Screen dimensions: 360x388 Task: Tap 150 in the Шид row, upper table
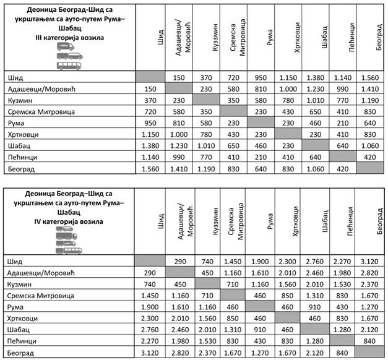pyautogui.click(x=179, y=77)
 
